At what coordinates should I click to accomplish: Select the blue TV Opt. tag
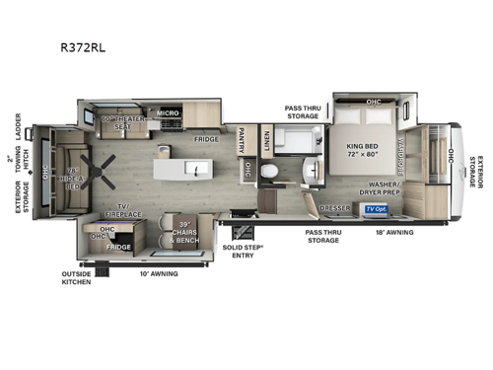click(376, 209)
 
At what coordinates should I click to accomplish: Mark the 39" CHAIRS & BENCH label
click(184, 233)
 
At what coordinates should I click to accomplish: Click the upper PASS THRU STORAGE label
click(302, 112)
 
